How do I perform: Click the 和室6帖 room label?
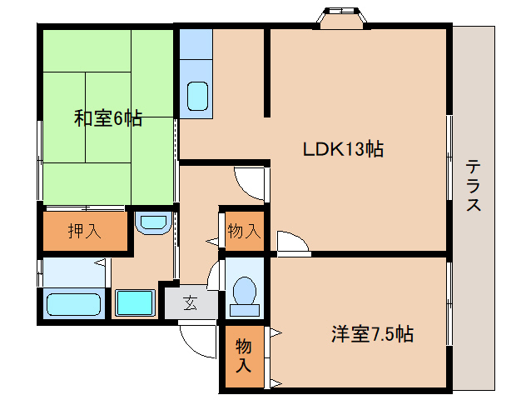tap(108, 118)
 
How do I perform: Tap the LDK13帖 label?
tap(343, 149)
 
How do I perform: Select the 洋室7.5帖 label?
tap(372, 334)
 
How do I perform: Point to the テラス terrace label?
tap(473, 186)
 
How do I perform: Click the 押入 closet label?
tap(85, 231)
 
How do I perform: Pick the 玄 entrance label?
tap(191, 302)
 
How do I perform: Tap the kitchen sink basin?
tap(197, 96)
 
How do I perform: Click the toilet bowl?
tap(245, 291)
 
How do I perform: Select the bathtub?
tap(74, 305)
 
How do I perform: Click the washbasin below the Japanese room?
tap(153, 222)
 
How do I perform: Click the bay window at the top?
tap(341, 18)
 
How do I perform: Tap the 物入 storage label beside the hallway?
tap(244, 231)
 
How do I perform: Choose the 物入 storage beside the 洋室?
tap(244, 355)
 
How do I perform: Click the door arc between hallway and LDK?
tap(250, 183)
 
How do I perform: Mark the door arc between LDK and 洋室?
tap(293, 242)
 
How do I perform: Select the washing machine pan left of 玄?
tap(135, 302)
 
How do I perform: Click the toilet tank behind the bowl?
tap(245, 310)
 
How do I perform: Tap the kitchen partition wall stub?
tap(267, 72)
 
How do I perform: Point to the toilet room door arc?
tap(213, 276)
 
